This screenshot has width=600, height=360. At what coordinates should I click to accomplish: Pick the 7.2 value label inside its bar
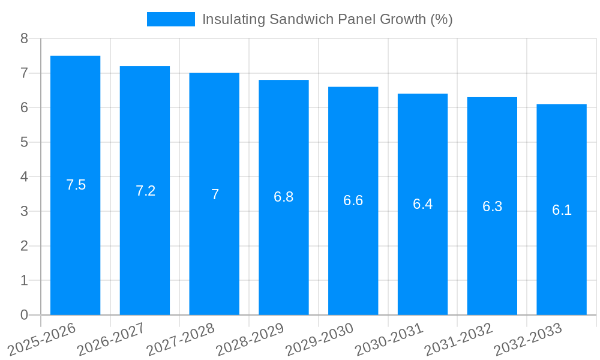pos(145,191)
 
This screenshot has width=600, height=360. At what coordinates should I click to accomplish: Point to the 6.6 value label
pos(353,200)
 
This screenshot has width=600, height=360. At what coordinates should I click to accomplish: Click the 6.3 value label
pos(492,206)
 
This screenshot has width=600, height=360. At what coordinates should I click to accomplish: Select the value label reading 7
pos(215,194)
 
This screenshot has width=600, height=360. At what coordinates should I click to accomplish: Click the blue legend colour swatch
pos(171,19)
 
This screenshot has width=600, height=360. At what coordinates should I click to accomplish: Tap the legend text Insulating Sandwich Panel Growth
pos(327,19)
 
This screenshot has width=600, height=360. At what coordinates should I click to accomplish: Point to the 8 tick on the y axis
pos(24,38)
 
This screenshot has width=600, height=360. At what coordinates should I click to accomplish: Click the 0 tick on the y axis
pos(24,315)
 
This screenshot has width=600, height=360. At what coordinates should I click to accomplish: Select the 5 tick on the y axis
pos(24,142)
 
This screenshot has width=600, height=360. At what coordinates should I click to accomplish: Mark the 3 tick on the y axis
pos(24,211)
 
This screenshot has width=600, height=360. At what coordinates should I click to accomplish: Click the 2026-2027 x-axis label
pos(111,339)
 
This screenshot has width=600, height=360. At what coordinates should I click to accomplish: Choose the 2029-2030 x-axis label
pos(319,339)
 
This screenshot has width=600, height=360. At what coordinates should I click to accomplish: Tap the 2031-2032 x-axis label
pos(458,339)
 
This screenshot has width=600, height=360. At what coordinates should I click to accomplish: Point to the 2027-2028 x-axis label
pos(181,339)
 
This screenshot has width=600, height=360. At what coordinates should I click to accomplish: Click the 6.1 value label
pos(562,210)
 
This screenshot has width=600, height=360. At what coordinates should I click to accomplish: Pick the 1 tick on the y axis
pos(24,280)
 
